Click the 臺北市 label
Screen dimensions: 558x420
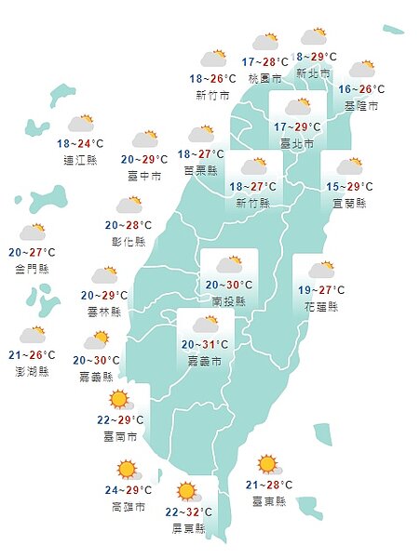pos(298,141)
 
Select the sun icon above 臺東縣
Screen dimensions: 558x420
pos(268,464)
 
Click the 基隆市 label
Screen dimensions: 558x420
pos(360,106)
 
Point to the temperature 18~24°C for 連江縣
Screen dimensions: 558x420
pos(80,144)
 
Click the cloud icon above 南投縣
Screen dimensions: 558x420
pos(229,264)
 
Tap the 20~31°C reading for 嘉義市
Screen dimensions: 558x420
pos(204,344)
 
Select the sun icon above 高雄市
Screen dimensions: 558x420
pos(128,471)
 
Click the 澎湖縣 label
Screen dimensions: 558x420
pos(32,371)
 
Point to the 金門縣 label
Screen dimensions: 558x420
pos(33,269)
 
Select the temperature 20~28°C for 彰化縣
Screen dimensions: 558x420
pos(129,225)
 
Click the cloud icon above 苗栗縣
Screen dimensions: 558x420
pos(200,135)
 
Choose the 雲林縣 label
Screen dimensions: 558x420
pos(103,312)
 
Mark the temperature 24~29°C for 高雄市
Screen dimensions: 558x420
pos(127,490)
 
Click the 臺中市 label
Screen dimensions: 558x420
pos(144,176)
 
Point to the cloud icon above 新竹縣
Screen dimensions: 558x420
pos(253,167)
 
